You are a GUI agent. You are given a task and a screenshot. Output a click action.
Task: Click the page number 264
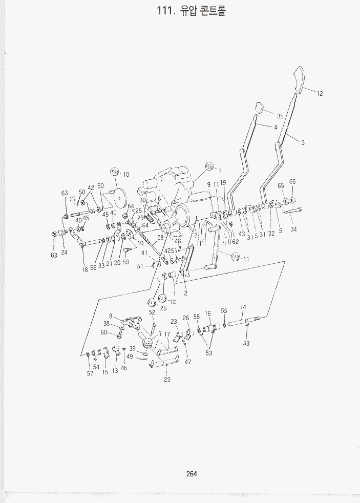coord(192,473)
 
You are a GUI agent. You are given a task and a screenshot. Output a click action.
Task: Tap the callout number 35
coord(280,116)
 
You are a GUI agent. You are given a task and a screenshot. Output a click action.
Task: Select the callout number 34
coord(293,229)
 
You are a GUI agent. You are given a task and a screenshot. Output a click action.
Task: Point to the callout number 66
coord(292,181)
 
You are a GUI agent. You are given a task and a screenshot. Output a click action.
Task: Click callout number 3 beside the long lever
coord(303,142)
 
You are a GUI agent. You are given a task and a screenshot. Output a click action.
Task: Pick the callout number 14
coord(243,307)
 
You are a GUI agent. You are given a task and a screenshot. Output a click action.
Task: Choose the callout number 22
coord(167,379)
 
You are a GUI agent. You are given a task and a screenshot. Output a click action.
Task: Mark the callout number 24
coord(64,253)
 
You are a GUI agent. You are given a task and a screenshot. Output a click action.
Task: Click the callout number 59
coord(125,262)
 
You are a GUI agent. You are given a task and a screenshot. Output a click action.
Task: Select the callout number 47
coord(188,362)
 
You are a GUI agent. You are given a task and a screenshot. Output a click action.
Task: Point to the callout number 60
coord(103,332)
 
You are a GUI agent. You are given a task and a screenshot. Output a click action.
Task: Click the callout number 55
coord(224,310)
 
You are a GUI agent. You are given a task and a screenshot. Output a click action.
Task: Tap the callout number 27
coord(73,199)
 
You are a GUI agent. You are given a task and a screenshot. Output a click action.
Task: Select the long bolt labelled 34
coord(292,211)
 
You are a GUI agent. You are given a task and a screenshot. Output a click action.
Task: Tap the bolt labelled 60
coord(119,335)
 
